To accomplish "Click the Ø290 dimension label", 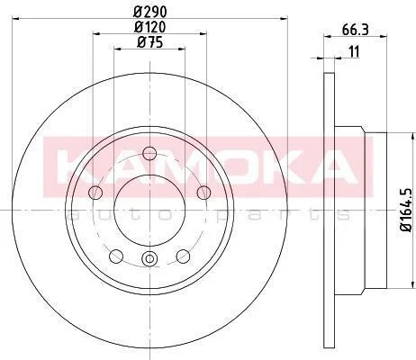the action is tap(149, 12).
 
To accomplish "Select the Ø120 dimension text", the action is tap(149, 27).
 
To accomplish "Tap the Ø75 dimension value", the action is tap(149, 42).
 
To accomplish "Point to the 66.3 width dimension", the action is tap(355, 30).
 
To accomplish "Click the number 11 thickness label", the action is tap(354, 52).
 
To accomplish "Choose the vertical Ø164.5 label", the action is tap(406, 210).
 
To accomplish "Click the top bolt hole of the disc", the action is tap(149, 154).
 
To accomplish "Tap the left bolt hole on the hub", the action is tap(95, 192).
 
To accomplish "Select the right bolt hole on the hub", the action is tap(203, 193).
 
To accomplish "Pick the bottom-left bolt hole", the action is tap(116, 256).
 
